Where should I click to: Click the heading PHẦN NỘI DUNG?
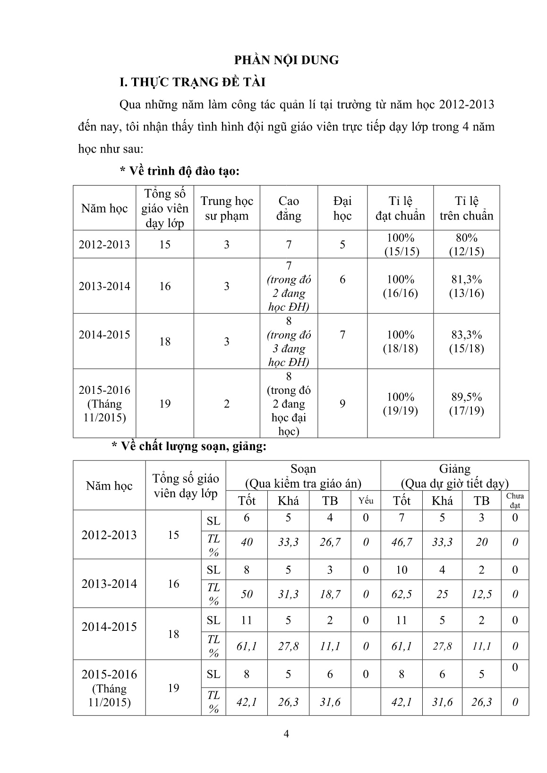coord(287,60)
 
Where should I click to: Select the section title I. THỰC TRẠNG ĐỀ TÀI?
coord(193,82)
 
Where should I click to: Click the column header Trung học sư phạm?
coord(227,208)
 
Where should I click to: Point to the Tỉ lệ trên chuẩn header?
coord(466,208)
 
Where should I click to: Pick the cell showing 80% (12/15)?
coord(466,244)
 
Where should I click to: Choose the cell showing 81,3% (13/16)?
coord(466,286)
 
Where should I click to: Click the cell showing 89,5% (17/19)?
coord(466,404)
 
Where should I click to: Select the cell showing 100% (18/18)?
coord(400,341)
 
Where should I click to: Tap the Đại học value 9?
coord(342,403)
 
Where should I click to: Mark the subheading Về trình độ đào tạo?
coord(180,171)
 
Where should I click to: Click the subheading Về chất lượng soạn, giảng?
coord(189,446)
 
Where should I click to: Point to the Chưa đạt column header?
coord(514,501)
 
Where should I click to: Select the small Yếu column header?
coord(366,501)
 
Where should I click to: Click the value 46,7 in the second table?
coord(402,542)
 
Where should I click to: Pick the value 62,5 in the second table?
coord(402,594)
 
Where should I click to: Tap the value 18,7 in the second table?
coord(330,594)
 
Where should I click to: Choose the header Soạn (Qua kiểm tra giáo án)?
coord(303,476)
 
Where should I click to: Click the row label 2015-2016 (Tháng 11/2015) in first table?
coord(104,404)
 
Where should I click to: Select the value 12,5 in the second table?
coord(481,594)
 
